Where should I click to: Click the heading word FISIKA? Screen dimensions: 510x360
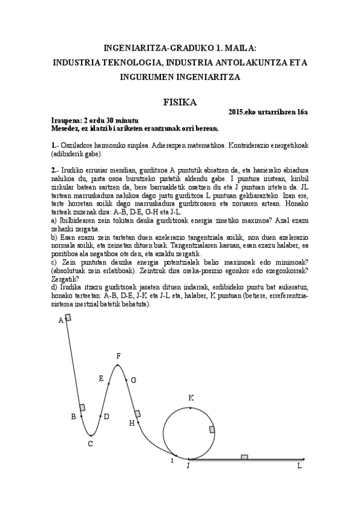tap(180, 102)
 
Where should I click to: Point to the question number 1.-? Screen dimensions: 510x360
tap(55, 146)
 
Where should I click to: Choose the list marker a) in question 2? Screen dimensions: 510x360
tap(54, 221)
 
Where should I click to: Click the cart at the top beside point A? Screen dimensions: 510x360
tap(67, 317)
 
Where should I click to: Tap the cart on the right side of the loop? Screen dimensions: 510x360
tap(212, 429)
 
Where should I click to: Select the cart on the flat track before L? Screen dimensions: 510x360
tap(244, 458)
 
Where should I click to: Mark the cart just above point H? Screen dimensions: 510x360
tap(138, 413)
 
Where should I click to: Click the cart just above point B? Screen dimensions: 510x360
tap(82, 408)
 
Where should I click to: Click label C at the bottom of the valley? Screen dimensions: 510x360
tap(90, 444)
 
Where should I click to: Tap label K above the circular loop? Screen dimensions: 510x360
tap(191, 398)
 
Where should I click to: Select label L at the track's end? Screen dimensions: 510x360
tap(299, 465)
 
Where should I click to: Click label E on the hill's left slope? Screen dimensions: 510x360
tap(101, 378)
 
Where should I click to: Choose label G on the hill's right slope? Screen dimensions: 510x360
tap(133, 379)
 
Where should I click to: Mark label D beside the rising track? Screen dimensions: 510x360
tap(106, 416)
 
